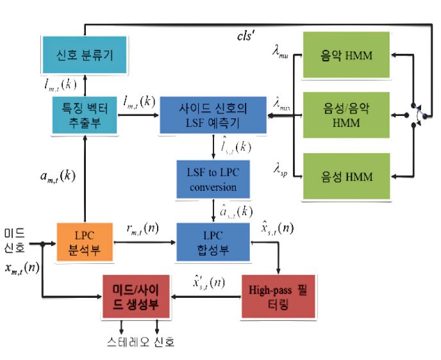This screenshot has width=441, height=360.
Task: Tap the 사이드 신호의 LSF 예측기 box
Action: pyautogui.click(x=213, y=115)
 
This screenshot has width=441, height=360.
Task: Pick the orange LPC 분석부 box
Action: pyautogui.click(x=85, y=243)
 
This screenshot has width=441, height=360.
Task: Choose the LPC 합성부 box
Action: pyautogui.click(x=213, y=243)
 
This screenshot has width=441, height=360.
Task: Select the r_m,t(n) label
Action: pyautogui.click(x=142, y=228)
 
